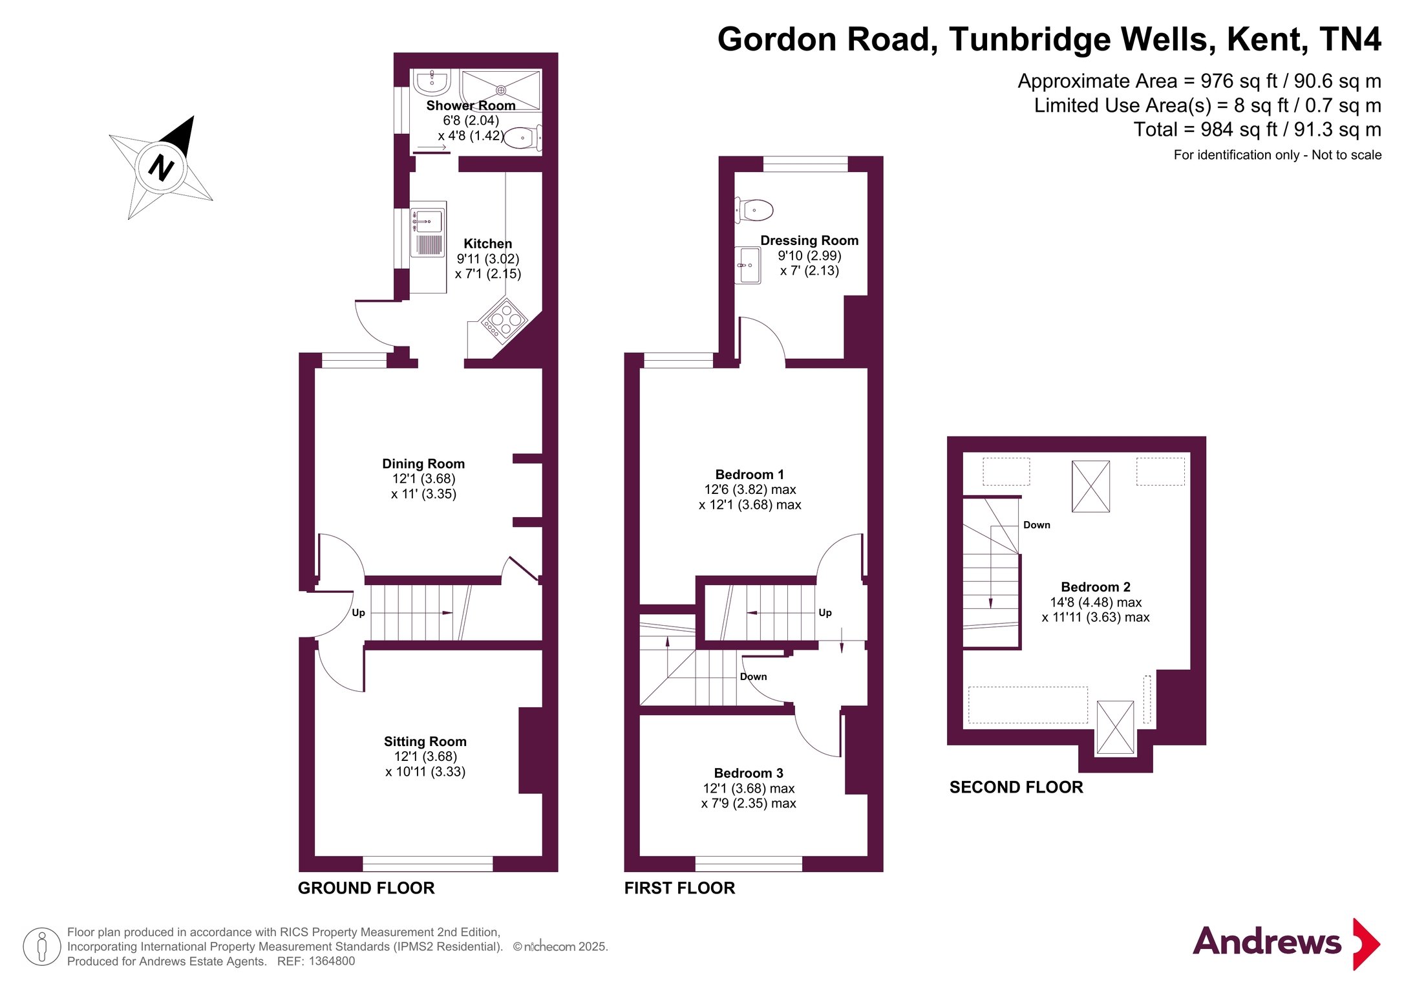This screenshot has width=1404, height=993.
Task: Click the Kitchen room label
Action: point(487,244)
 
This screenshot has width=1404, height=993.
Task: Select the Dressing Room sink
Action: point(748,265)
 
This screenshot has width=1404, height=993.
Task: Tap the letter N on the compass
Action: point(162,168)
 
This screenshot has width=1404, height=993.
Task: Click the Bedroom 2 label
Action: point(1096,587)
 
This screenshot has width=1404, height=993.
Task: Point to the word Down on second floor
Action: point(1037,525)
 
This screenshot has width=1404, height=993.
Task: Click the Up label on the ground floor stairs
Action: point(358,613)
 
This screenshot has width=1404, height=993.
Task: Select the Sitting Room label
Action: point(425,742)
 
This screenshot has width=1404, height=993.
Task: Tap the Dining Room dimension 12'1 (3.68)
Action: point(423,479)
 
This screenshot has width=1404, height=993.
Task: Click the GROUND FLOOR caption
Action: point(367,888)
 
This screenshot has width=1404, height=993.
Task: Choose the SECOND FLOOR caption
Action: point(1016,787)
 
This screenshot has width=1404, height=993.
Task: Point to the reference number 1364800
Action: point(332,961)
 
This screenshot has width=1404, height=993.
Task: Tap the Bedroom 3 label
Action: point(749,773)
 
